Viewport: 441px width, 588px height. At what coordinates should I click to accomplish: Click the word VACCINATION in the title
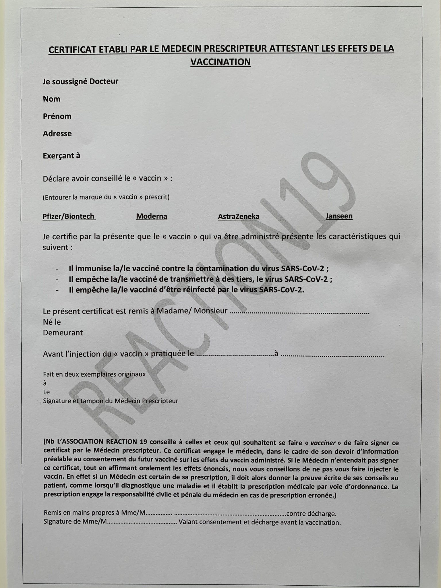point(220,62)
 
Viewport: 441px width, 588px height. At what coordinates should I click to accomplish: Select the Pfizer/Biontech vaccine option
point(69,216)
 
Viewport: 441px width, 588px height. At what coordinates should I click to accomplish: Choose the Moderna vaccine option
point(152,216)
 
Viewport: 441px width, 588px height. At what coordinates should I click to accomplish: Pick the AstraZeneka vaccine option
point(239,216)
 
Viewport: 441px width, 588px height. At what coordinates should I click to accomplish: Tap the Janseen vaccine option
point(339,216)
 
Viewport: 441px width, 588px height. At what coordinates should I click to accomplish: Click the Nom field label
point(52,99)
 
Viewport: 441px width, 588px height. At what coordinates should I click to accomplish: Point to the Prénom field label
point(57,116)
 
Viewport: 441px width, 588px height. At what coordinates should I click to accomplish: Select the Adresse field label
point(57,134)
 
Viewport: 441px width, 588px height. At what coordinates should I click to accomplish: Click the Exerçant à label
point(61,156)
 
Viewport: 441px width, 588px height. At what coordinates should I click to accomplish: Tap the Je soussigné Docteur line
point(81,82)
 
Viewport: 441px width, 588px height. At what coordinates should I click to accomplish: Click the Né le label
point(52,322)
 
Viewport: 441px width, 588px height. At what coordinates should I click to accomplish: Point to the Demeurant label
point(63,333)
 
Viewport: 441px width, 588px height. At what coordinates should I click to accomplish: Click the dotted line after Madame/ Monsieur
point(300,312)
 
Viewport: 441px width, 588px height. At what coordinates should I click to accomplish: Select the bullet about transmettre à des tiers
point(200,279)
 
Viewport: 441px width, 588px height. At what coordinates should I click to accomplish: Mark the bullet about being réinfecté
point(186,290)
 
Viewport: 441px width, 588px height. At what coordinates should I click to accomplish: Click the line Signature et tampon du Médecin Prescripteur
point(111,401)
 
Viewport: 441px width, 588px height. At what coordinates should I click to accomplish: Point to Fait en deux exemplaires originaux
point(94,374)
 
